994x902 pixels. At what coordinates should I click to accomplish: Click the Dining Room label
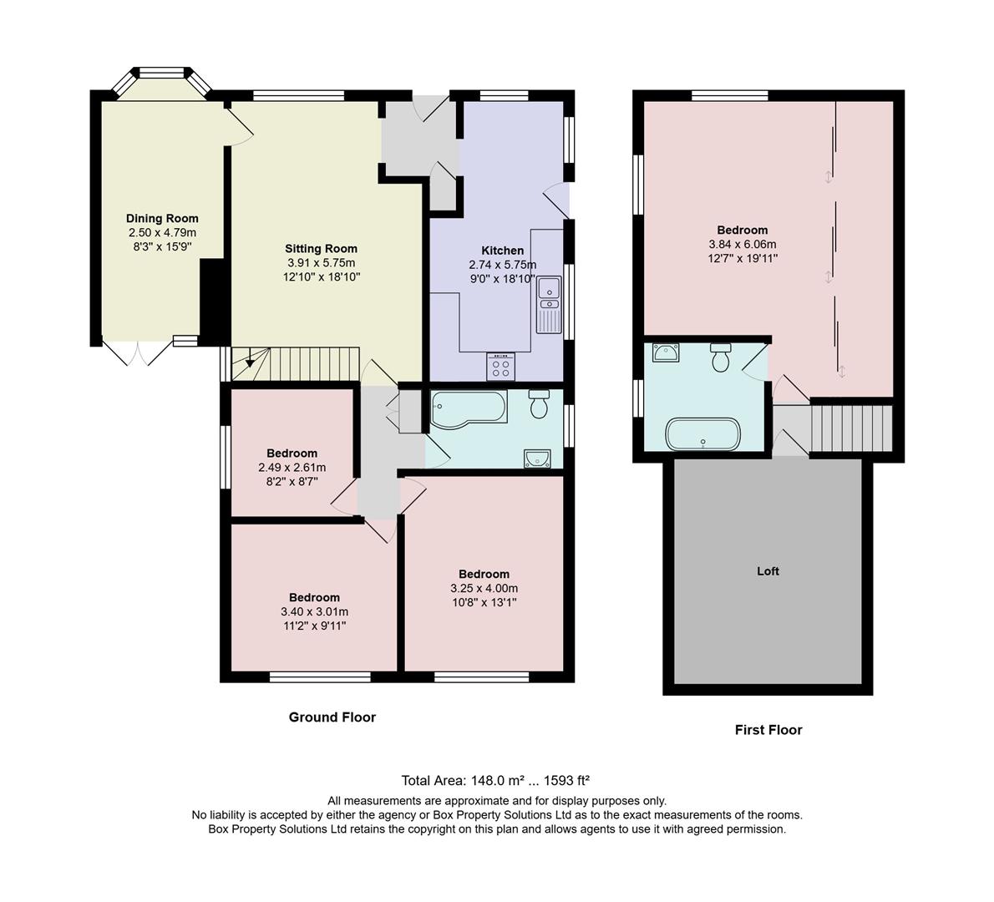click(162, 219)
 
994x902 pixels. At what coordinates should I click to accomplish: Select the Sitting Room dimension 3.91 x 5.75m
click(321, 262)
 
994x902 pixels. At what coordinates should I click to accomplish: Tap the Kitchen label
click(502, 251)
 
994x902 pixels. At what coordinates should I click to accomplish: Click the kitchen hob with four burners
click(501, 366)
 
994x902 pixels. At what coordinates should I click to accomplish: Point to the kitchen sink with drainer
click(549, 304)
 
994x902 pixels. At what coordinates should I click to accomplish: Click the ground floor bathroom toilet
click(539, 404)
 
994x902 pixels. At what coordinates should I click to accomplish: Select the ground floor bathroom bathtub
click(468, 408)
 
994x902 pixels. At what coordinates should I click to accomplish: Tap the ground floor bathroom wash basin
click(536, 457)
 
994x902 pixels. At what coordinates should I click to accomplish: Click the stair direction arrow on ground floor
click(248, 363)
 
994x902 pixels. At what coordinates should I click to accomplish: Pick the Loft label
click(768, 571)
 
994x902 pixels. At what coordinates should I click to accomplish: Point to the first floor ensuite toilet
click(721, 357)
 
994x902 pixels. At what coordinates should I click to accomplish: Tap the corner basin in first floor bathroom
click(666, 353)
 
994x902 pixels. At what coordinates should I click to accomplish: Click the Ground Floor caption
click(332, 717)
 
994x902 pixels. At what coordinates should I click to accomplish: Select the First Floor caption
click(768, 730)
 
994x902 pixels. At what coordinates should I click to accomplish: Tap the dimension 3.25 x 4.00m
click(484, 588)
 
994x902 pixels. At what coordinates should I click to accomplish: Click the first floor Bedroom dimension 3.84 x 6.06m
click(742, 245)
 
